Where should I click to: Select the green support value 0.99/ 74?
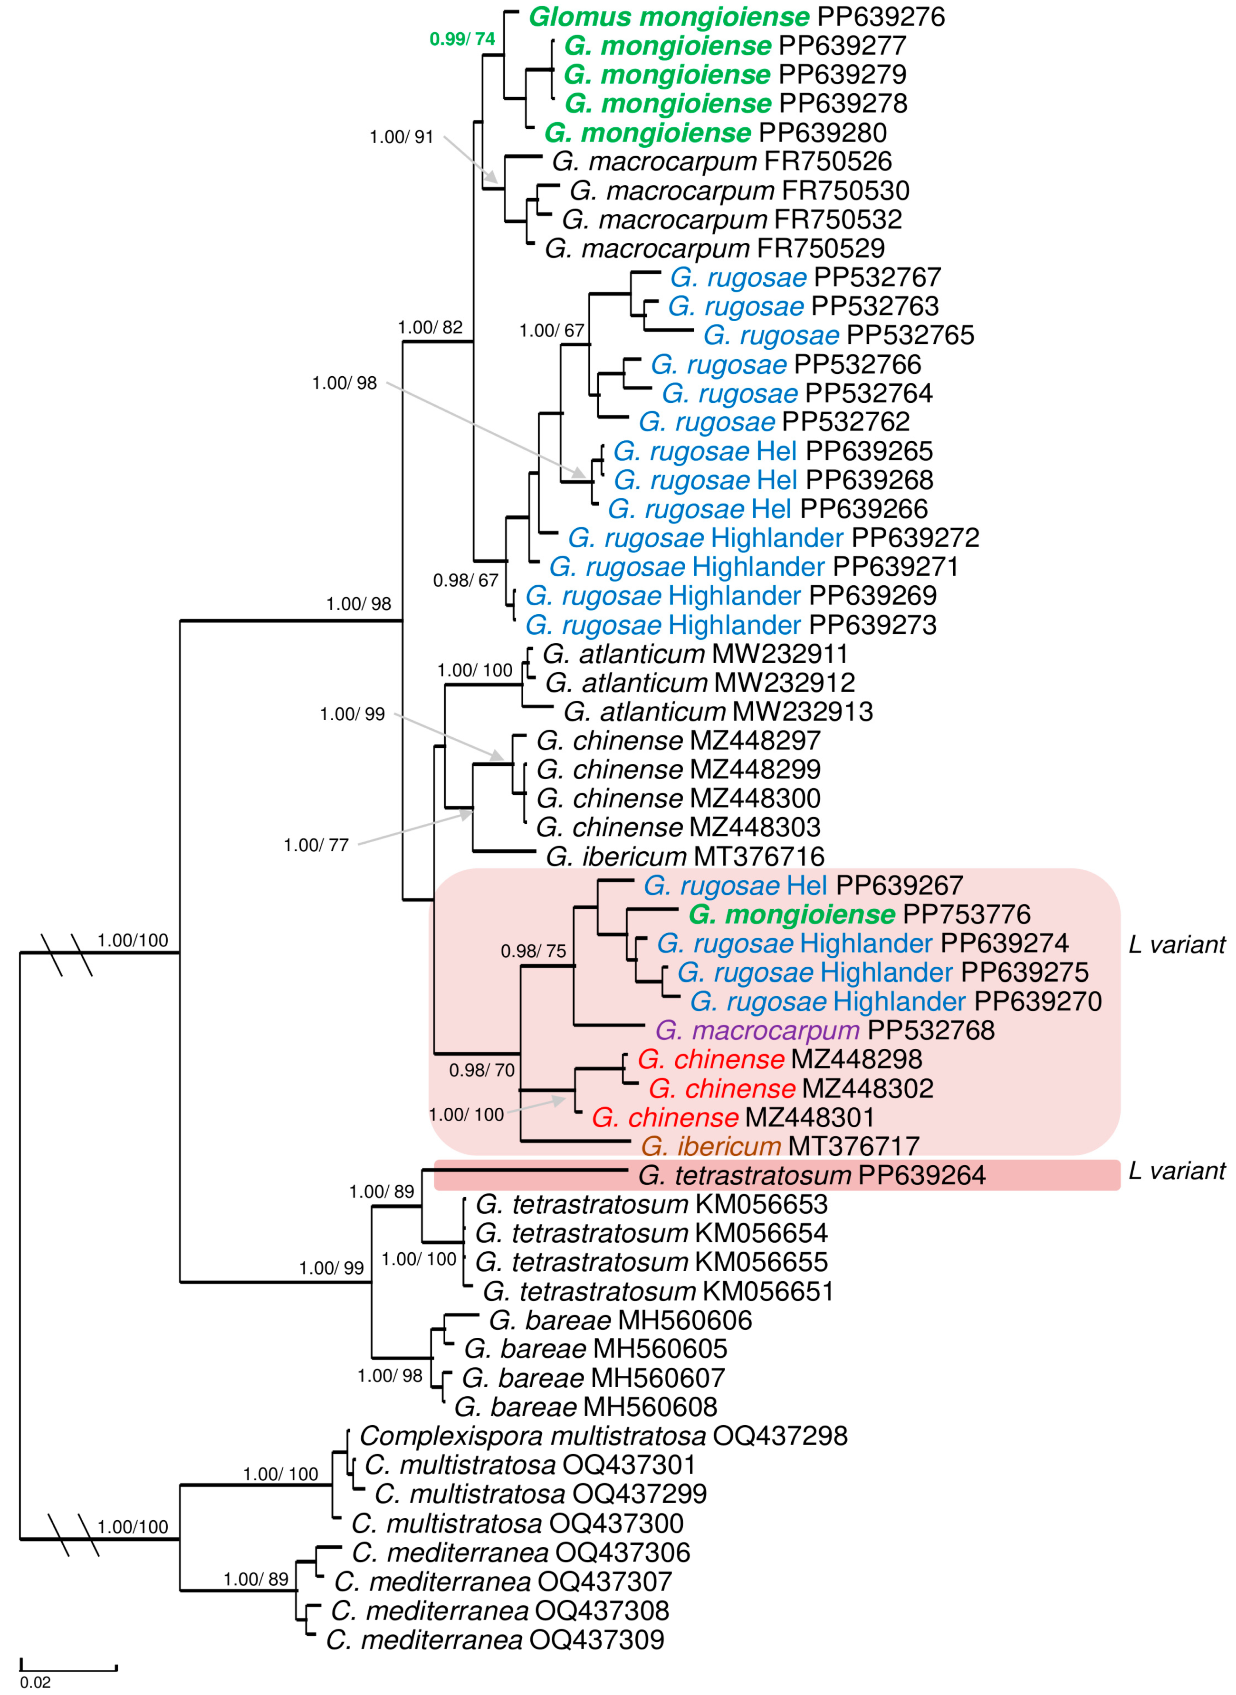click(461, 39)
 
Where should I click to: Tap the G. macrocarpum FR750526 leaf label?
click(721, 161)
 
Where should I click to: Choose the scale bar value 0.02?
click(35, 1682)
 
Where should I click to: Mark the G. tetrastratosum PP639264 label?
click(812, 1175)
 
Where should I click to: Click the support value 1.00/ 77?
click(316, 845)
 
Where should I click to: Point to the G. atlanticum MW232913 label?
click(718, 711)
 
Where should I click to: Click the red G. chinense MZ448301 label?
click(732, 1117)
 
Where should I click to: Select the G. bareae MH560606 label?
click(620, 1320)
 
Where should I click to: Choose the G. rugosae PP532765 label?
click(839, 334)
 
